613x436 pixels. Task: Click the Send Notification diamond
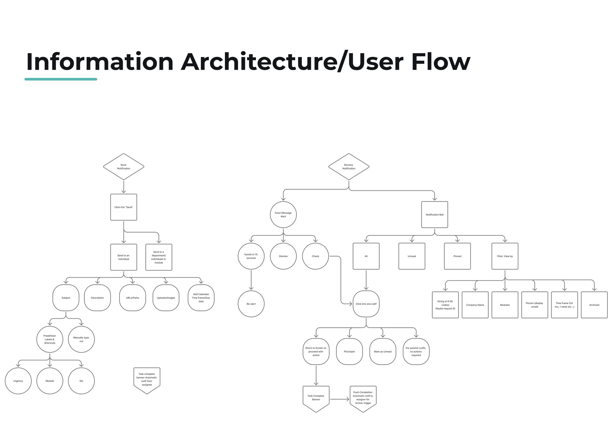[123, 167]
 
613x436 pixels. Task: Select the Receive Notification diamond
[348, 167]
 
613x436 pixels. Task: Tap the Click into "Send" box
[123, 207]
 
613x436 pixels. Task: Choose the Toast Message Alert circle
[283, 214]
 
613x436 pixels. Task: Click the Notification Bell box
[434, 214]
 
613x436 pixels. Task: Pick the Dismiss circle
[283, 256]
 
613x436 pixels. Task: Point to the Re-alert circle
[251, 304]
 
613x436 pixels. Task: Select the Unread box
[411, 256]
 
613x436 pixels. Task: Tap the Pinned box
[457, 256]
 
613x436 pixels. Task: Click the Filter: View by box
[505, 256]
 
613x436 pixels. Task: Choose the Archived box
[594, 305]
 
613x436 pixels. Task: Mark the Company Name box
[475, 305]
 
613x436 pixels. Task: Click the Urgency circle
[18, 381]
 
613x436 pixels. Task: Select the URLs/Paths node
[132, 298]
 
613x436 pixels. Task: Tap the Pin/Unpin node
[349, 351]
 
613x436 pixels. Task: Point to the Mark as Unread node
[383, 351]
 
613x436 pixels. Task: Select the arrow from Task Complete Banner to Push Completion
[339, 399]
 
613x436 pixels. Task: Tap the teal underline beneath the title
[61, 79]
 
